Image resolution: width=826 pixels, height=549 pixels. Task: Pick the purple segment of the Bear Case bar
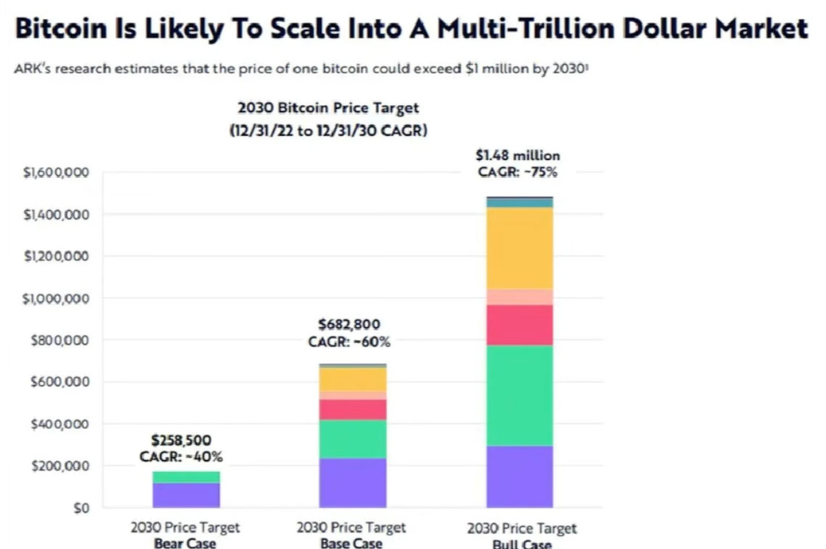click(186, 495)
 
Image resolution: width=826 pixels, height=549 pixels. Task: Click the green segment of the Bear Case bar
click(186, 477)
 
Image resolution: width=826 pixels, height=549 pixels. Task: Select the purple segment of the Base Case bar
click(353, 483)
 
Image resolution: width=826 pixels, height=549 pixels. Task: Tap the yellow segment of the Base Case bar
click(353, 379)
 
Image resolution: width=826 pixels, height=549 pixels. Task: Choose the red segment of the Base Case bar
click(353, 410)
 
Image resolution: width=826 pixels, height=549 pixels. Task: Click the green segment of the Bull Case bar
click(520, 395)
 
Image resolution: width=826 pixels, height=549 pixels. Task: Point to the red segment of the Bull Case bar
click(520, 325)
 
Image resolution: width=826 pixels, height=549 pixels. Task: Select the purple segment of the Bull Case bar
click(520, 476)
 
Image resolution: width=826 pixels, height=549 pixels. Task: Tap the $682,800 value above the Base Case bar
click(349, 324)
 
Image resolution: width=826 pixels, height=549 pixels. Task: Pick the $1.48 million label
click(518, 155)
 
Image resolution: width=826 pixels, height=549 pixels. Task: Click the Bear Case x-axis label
click(184, 542)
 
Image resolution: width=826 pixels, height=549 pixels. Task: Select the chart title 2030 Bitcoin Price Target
click(328, 108)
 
